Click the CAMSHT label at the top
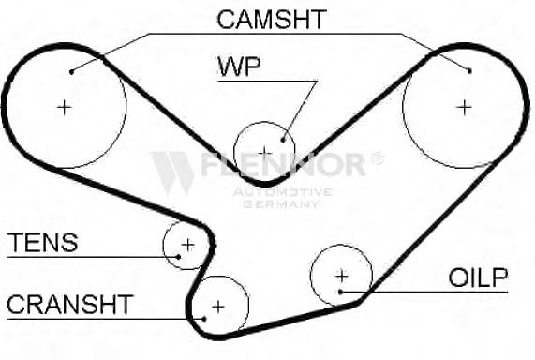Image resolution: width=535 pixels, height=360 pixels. [x=272, y=19]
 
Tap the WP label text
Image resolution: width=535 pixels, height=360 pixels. [x=239, y=67]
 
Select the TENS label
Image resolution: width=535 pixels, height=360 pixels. [x=43, y=243]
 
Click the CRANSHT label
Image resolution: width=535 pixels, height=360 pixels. [x=70, y=305]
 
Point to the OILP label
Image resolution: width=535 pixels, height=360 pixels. [x=478, y=277]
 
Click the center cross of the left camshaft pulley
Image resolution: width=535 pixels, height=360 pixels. [x=64, y=108]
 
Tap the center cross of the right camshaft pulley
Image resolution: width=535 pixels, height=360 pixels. [x=464, y=108]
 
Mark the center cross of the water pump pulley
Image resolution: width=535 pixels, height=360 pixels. [x=265, y=153]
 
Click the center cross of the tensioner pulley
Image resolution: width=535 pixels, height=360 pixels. [x=187, y=245]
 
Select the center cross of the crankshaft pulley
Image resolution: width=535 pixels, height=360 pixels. [x=218, y=307]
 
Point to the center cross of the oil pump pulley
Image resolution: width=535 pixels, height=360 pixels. [x=342, y=276]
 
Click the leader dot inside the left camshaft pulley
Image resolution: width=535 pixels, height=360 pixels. [x=71, y=72]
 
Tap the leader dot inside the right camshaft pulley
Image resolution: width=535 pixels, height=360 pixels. [x=469, y=71]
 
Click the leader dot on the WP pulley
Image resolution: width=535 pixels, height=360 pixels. [x=283, y=140]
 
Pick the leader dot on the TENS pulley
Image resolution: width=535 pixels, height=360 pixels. [x=178, y=257]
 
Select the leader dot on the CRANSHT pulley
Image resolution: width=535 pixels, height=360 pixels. [x=204, y=319]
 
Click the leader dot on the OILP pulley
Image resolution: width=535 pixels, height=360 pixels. [x=340, y=292]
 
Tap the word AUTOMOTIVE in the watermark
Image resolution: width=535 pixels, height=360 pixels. [x=283, y=192]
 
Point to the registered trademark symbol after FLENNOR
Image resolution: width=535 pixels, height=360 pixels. [x=377, y=158]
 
